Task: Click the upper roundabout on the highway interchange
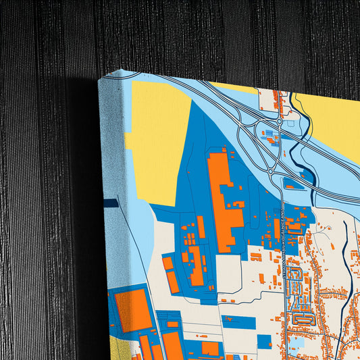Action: pyautogui.click(x=278, y=122)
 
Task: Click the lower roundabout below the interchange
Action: pyautogui.click(x=270, y=172)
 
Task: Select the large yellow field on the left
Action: pyautogui.click(x=159, y=142)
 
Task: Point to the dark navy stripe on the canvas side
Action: pyautogui.click(x=111, y=202)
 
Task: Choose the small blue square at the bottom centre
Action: pyautogui.click(x=264, y=341)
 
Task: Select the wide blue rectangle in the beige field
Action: pyautogui.click(x=238, y=322)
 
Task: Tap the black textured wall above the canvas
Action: pyautogui.click(x=203, y=34)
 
